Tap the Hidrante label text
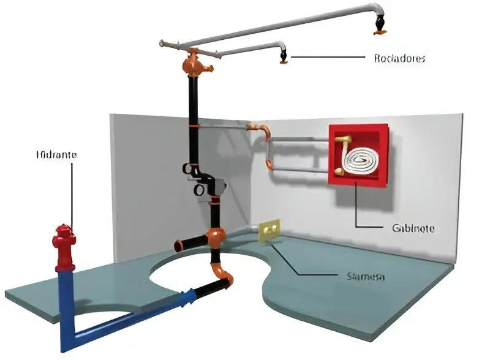point(55,155)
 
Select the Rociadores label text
point(399,59)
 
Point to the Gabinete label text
point(413,228)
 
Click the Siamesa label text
point(361,277)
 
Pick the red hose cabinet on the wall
point(358,156)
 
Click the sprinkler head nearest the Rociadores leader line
point(284,58)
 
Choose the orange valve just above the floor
point(214,236)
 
